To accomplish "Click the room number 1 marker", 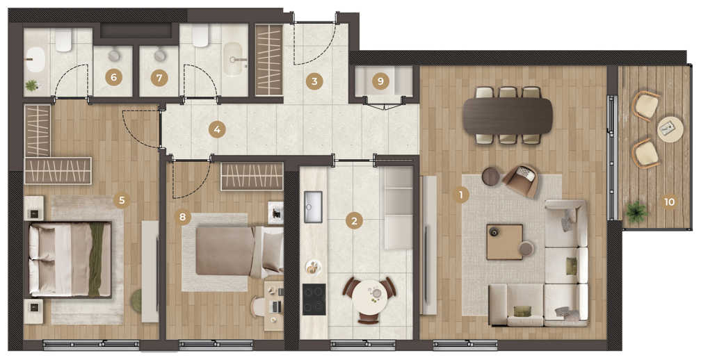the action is point(460,195).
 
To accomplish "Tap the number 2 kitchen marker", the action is point(354,220).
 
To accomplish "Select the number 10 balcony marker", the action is point(669,202).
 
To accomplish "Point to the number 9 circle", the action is point(380,81).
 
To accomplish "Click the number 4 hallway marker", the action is point(217,130).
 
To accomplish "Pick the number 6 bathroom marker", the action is point(113,78).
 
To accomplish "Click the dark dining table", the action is point(508,116).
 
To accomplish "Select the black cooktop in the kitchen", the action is point(314,300).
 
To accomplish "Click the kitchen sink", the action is point(313,207).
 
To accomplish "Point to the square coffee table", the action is point(505,242).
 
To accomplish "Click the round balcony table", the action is point(670,129).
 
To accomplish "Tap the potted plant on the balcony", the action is point(636,212).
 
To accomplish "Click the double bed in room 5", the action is point(68,259).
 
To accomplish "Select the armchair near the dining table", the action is point(521,181).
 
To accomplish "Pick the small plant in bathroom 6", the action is point(31,85).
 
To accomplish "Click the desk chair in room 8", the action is point(258,307).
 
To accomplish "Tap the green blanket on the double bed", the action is point(96,259).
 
